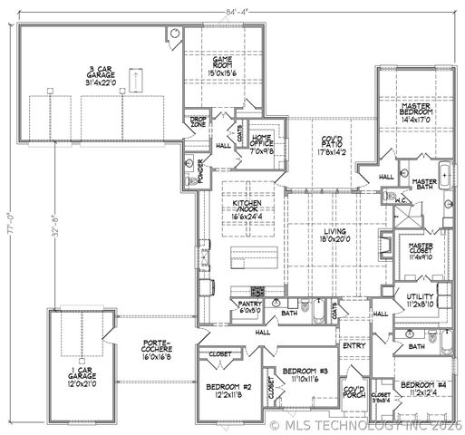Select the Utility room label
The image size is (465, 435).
coord(417,301)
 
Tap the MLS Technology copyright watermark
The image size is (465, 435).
coord(368,424)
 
